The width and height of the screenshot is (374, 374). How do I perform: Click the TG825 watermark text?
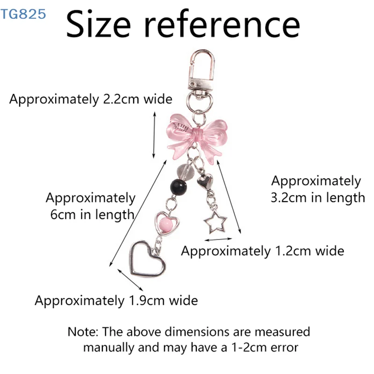click(x=23, y=14)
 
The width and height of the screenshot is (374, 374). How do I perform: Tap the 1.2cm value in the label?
click(x=293, y=251)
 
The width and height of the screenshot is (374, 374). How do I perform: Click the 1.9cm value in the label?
click(x=147, y=301)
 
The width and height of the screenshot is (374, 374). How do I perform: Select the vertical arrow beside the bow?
click(x=154, y=135)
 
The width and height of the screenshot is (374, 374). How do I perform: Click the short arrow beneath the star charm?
click(x=218, y=239)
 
